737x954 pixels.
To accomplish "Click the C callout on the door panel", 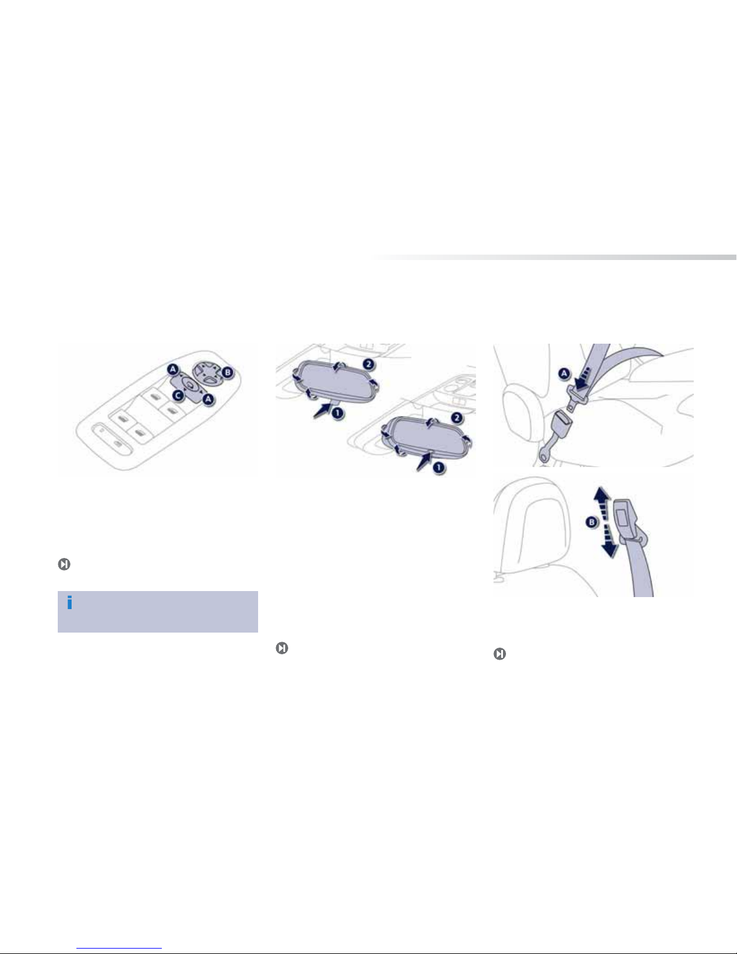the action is click(x=177, y=395).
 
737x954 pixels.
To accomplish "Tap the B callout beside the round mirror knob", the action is click(x=227, y=373).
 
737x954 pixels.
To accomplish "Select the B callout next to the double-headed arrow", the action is click(x=592, y=522).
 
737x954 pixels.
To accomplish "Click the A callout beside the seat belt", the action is click(x=564, y=374).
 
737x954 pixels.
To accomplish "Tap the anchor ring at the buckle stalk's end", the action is click(x=544, y=457).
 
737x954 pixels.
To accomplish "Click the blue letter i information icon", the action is click(x=69, y=602).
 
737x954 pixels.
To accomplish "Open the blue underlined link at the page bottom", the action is click(x=119, y=947).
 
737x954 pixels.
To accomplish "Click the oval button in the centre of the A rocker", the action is click(x=190, y=385).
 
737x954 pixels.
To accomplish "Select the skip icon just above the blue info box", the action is click(x=64, y=564).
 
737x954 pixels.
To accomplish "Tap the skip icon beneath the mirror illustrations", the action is click(x=282, y=648).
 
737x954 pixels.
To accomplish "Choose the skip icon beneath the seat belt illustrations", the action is click(x=500, y=654).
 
